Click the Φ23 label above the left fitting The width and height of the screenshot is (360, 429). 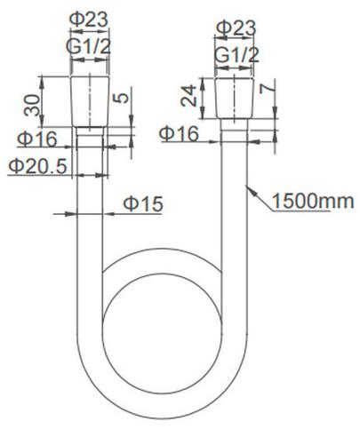point(89,20)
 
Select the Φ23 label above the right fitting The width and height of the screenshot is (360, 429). point(236,28)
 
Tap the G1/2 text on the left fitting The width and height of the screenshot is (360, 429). point(88,46)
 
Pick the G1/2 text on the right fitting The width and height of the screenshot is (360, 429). point(236,55)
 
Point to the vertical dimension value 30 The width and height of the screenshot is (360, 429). point(32,105)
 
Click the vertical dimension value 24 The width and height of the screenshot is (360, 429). point(188,95)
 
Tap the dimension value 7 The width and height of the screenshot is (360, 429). point(267,88)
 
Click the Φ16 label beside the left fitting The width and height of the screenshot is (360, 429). point(37,139)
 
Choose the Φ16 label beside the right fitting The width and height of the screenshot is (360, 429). point(179,133)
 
